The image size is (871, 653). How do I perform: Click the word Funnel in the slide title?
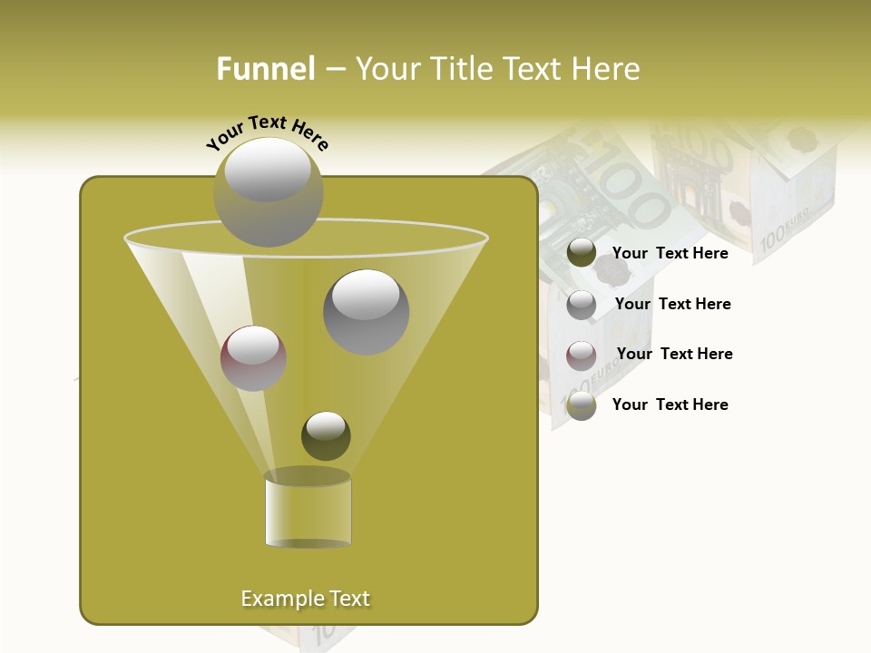point(265,69)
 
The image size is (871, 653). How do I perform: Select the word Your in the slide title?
point(387,69)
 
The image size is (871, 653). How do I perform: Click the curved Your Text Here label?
point(268,132)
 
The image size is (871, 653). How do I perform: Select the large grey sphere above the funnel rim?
point(269,191)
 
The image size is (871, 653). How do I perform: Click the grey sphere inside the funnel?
point(367,312)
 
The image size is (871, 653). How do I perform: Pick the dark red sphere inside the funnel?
point(254,358)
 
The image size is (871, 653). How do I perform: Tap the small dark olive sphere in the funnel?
point(326,435)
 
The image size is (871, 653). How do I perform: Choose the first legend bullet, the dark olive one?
point(582,253)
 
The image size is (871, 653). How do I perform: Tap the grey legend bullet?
point(582,305)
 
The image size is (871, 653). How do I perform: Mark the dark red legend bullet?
point(582,355)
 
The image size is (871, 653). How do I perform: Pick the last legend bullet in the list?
point(582,405)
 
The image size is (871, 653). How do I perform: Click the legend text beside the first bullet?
point(670,253)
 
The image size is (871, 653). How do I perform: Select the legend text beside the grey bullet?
point(673,304)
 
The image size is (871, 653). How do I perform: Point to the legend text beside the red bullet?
point(675,354)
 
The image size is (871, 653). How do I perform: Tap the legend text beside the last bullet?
point(670,404)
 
